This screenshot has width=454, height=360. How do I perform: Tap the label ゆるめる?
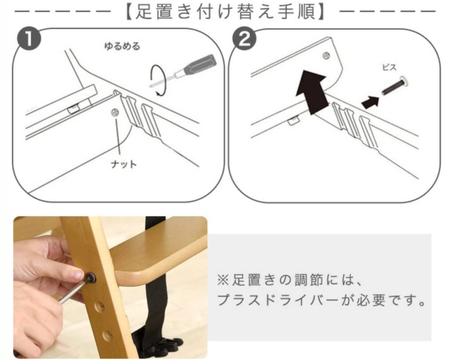pos(121,46)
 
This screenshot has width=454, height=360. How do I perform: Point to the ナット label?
pos(123,164)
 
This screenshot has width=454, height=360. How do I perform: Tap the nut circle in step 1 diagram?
pos(116,113)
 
